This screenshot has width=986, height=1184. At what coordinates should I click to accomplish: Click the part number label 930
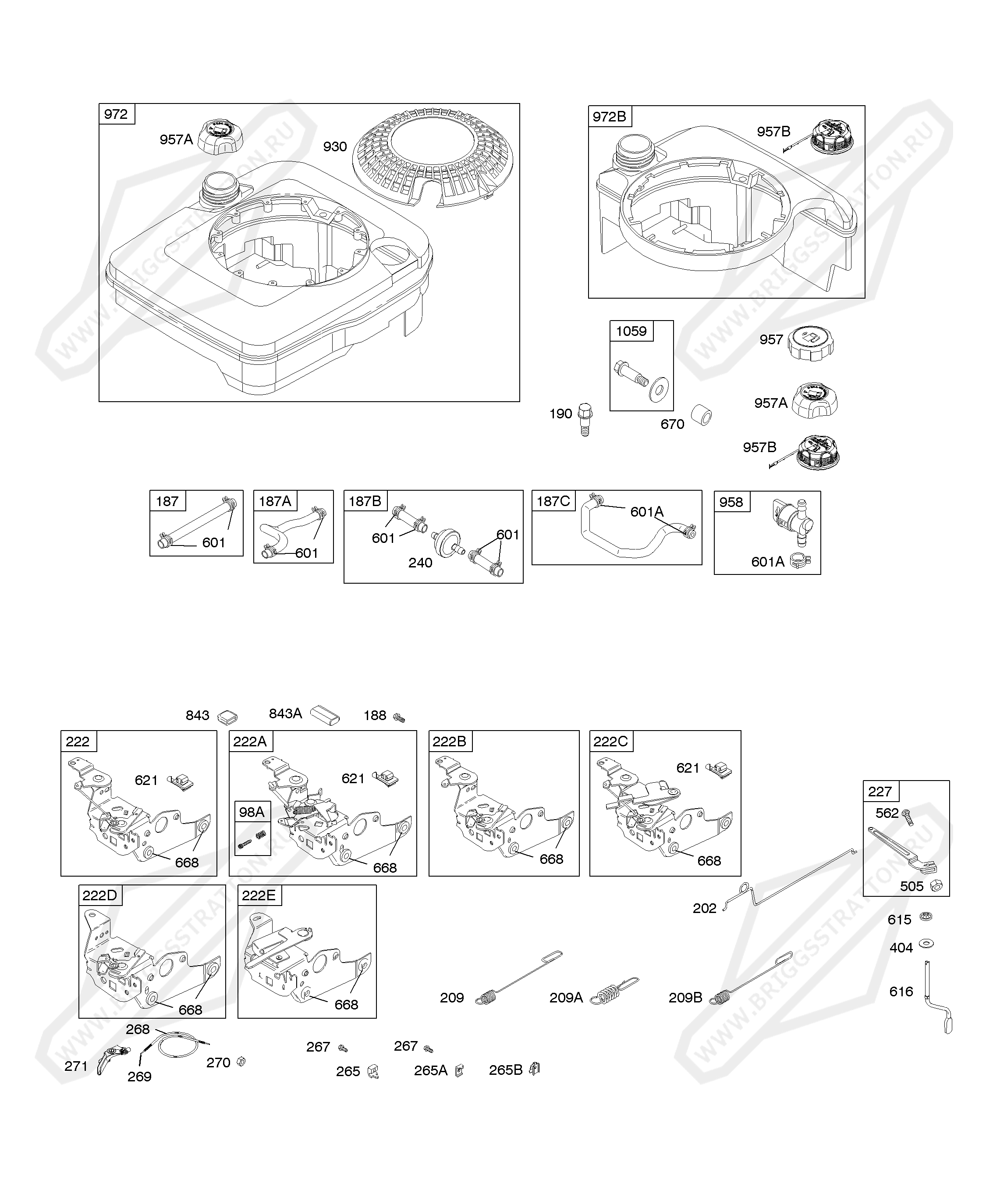coord(335,146)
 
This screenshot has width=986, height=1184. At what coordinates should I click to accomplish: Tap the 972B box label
coord(609,117)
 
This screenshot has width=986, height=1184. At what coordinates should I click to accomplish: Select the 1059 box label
coord(631,331)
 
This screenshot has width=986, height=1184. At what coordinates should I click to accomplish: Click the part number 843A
coord(285,714)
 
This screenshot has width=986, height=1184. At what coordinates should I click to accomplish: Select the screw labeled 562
coord(907,817)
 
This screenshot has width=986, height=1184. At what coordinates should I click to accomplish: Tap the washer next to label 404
coord(925,943)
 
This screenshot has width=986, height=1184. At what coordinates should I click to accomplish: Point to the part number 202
coord(704,908)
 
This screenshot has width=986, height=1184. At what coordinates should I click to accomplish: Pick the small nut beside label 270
coord(240,1062)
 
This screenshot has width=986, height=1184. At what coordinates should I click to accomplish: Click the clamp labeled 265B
coord(534,1069)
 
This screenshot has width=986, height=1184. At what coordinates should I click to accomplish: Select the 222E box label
coord(259,895)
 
